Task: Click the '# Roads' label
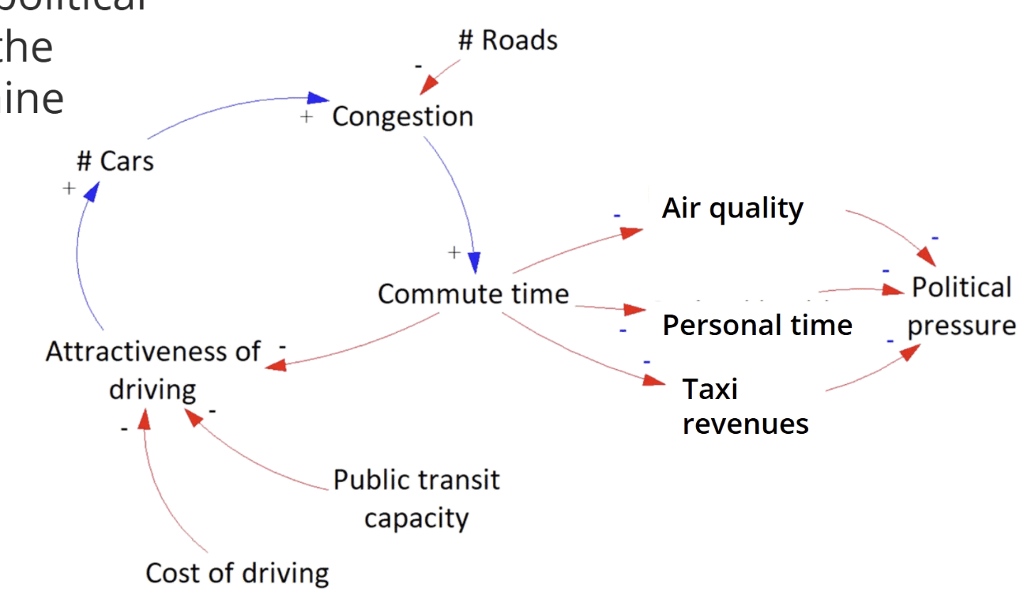point(507,40)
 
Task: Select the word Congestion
point(402,116)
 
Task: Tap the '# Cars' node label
point(115,161)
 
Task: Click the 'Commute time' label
point(473,294)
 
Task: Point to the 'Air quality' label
point(732,208)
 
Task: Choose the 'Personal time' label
point(757,325)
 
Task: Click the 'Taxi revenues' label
point(745,406)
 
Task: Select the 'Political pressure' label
point(962,306)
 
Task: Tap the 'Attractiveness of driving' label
point(152,370)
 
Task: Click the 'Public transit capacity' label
point(416,499)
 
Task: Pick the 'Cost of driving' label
point(237,573)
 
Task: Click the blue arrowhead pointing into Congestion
point(318,98)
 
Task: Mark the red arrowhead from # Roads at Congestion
point(428,85)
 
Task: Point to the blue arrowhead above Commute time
point(474,262)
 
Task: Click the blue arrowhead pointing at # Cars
point(92,190)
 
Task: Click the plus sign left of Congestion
point(307,117)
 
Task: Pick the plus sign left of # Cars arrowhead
point(69,188)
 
